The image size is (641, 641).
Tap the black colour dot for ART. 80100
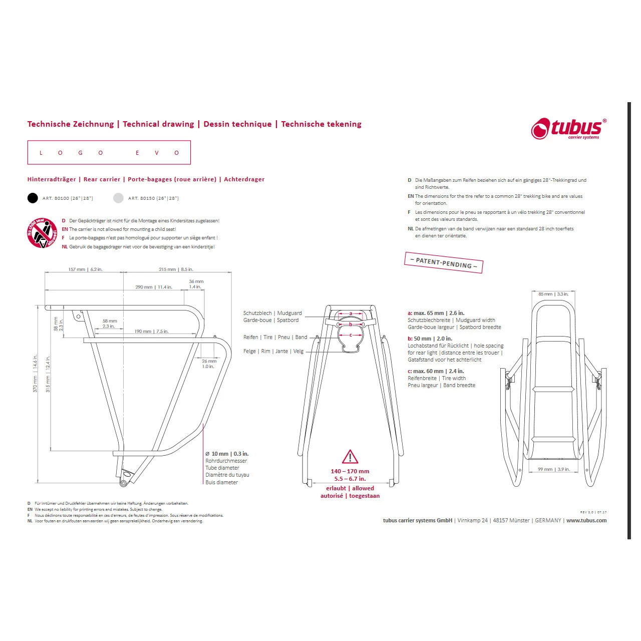33,198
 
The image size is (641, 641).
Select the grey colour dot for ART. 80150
118,198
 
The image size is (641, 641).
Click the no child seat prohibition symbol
42,233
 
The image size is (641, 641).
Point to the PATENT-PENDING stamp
444,262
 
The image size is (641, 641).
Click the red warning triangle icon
350,457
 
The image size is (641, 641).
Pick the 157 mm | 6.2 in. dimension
85,269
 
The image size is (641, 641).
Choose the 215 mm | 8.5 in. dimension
176,269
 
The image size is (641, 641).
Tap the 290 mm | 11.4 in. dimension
154,287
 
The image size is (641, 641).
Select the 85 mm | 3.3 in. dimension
553,294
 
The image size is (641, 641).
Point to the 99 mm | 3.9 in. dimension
553,469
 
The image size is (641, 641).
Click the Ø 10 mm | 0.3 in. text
227,454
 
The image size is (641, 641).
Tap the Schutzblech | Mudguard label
272,313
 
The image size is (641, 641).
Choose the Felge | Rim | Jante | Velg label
273,351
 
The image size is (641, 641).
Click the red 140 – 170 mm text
350,471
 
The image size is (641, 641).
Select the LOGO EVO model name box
109,153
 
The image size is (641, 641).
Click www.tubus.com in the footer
586,520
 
